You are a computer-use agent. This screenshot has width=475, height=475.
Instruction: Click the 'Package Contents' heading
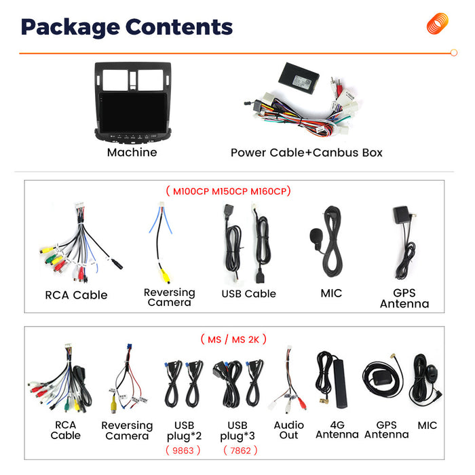(127, 28)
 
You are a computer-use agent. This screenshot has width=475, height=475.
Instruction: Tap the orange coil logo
(438, 23)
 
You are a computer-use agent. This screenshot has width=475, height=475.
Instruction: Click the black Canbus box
(299, 79)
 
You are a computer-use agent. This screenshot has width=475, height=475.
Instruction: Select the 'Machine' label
(132, 152)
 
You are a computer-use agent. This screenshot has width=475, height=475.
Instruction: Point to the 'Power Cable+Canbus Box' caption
(307, 153)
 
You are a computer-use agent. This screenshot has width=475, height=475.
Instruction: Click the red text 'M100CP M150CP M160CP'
(229, 191)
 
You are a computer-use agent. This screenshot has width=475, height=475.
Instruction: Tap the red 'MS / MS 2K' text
(233, 339)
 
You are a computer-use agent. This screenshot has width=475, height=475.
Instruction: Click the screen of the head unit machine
(133, 113)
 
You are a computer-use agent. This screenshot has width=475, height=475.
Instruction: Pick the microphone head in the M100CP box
(316, 236)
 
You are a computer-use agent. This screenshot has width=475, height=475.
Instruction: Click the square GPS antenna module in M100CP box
(401, 215)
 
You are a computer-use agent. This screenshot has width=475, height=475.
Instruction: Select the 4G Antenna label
(337, 430)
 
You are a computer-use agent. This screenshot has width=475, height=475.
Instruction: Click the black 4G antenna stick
(339, 383)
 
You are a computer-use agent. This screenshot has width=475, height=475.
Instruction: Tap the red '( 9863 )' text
(183, 451)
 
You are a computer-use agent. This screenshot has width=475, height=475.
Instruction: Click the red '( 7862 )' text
(240, 451)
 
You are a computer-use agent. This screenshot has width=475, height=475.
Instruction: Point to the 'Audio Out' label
(288, 430)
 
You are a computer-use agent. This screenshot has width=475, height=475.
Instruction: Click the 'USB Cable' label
(249, 294)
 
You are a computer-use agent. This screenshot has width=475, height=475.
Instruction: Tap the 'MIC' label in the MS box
(427, 425)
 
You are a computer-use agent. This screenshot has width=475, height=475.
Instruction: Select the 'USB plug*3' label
(237, 431)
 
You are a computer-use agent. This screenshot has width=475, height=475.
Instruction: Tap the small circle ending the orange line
(454, 53)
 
